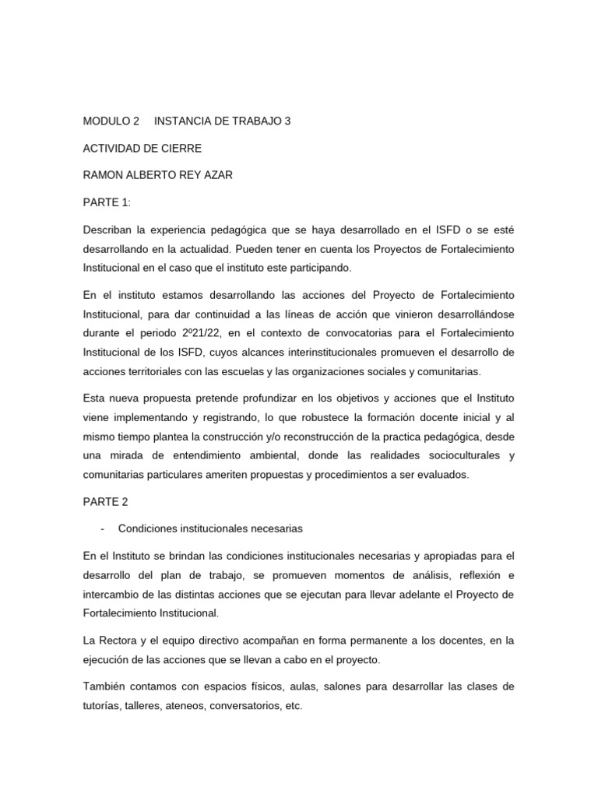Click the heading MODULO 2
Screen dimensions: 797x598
[x=111, y=121]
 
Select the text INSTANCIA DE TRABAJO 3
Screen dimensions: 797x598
[x=223, y=121]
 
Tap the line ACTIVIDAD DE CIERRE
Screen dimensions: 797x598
[x=142, y=149]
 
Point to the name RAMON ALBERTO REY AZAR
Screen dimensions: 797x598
[x=158, y=175]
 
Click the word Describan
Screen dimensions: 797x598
[x=109, y=230]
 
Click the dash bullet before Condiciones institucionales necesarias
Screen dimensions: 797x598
[x=103, y=528]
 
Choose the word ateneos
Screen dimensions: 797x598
[x=201, y=705]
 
